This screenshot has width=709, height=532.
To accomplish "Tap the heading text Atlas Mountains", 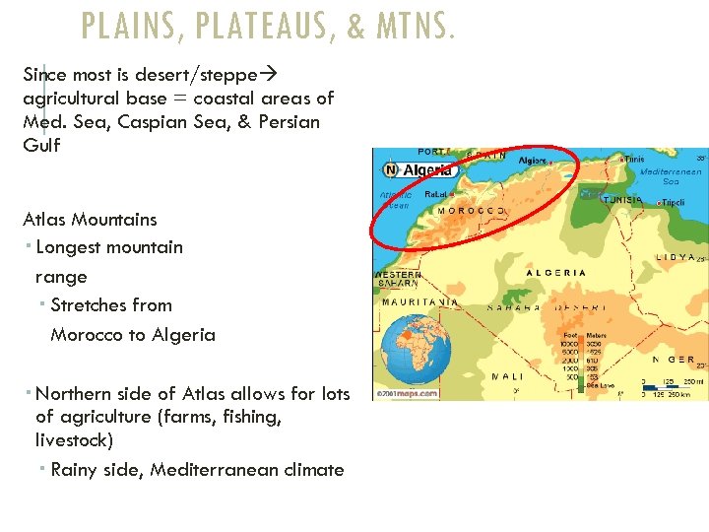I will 90,220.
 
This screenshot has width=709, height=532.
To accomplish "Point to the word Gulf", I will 41,146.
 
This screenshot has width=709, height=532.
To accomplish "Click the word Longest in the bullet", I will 68,247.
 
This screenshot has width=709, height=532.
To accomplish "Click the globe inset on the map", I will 414,357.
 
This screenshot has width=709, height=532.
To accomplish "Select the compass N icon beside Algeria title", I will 390,170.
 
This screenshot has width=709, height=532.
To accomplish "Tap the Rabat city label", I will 437,195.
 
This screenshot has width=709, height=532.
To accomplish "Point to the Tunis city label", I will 634,159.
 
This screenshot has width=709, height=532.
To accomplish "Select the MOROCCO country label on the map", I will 471,211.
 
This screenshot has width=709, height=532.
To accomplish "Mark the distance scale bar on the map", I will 673,387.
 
